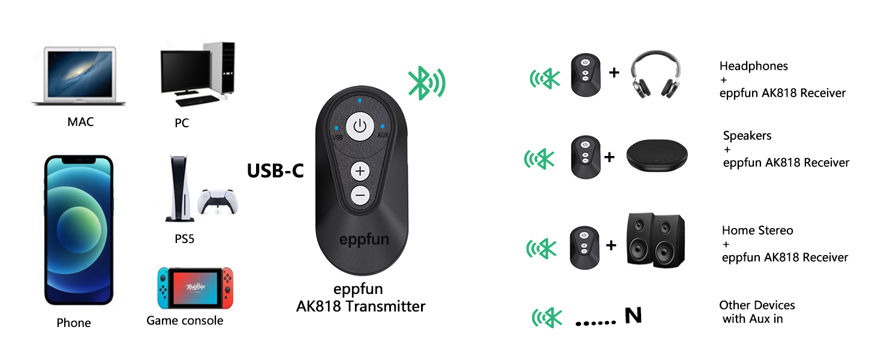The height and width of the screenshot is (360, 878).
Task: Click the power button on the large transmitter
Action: tap(359, 127)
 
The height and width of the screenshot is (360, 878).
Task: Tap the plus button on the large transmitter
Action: tap(360, 171)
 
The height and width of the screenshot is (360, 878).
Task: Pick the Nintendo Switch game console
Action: tap(195, 288)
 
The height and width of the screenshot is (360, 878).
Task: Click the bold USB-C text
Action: tap(276, 171)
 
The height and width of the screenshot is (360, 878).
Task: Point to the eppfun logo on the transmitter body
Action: tap(364, 239)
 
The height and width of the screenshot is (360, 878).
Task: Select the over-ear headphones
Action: tap(658, 76)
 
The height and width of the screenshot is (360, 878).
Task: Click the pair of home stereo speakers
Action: tap(655, 241)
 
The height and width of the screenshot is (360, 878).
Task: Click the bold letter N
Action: tap(633, 315)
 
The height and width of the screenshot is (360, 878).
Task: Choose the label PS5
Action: tap(184, 239)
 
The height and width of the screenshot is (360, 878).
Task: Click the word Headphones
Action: tap(753, 66)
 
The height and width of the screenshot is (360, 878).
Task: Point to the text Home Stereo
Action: tap(757, 230)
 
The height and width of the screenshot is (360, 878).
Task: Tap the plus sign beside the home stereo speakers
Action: tap(611, 245)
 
